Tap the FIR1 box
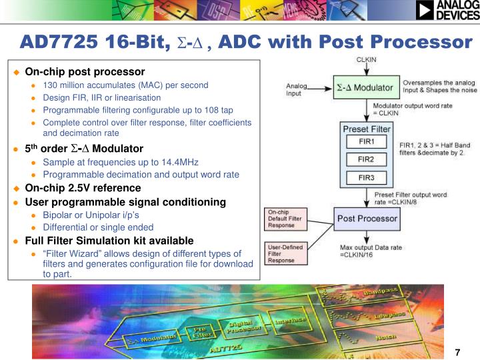366,142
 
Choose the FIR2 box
366,160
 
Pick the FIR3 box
366,177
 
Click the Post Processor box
367,218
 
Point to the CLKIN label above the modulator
366,61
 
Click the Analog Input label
297,89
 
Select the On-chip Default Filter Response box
285,218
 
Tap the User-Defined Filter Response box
285,254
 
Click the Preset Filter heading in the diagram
366,128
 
